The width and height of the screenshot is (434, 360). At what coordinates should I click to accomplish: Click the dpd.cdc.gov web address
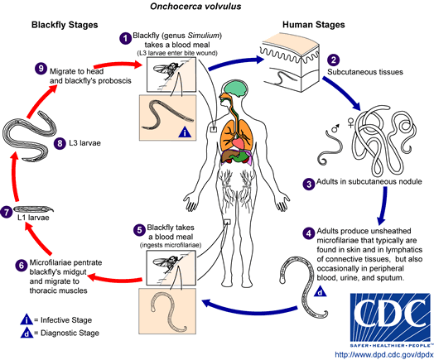click(x=378, y=351)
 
